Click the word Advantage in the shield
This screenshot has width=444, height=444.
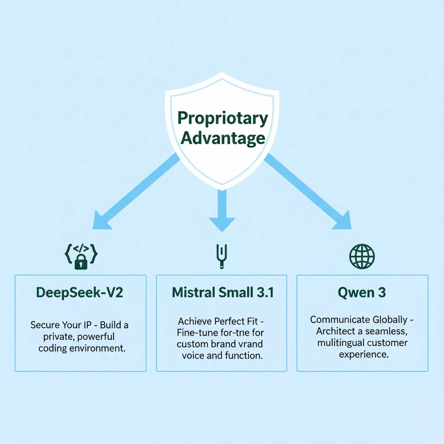223,138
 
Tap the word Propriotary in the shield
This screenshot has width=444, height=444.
223,118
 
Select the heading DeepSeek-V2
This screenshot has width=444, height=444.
80,293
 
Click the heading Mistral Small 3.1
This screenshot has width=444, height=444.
223,293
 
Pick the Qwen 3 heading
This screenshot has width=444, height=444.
362,293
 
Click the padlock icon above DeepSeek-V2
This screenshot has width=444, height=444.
81,261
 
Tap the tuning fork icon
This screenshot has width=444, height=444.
221,256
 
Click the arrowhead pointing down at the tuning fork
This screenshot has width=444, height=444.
222,223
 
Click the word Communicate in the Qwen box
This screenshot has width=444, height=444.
340,320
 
